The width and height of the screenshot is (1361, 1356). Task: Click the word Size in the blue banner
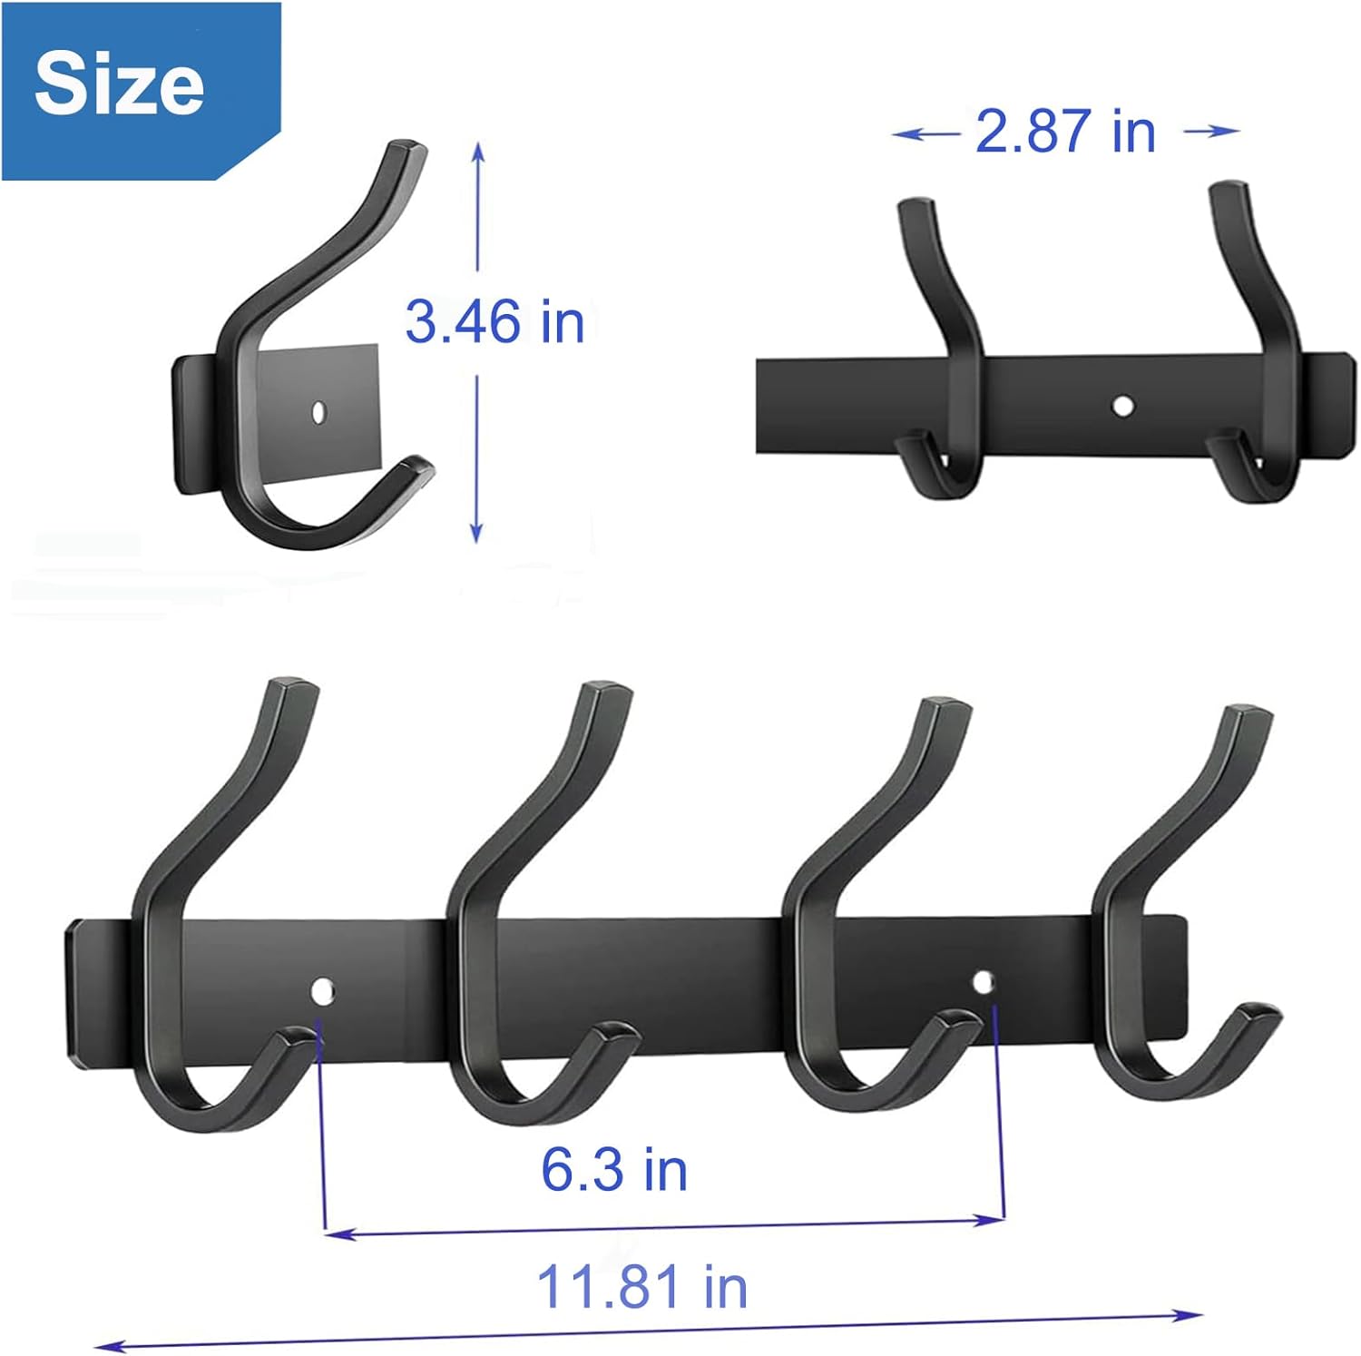coord(119,84)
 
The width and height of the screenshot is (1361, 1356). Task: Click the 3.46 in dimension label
coord(494,322)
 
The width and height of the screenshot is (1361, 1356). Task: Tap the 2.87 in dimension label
coord(1065,132)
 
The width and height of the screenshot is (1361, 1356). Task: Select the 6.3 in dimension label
coord(614,1170)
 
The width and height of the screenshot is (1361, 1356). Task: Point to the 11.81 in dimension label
coord(641,1287)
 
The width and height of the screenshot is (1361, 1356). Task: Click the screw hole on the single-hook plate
coord(318,411)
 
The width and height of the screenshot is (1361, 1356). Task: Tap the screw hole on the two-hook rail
coord(1122,405)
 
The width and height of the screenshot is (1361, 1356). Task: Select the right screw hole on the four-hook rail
coord(983,981)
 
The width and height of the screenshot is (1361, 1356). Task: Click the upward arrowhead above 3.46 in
coord(478,151)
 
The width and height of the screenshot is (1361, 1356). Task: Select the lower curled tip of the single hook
coord(419,467)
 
